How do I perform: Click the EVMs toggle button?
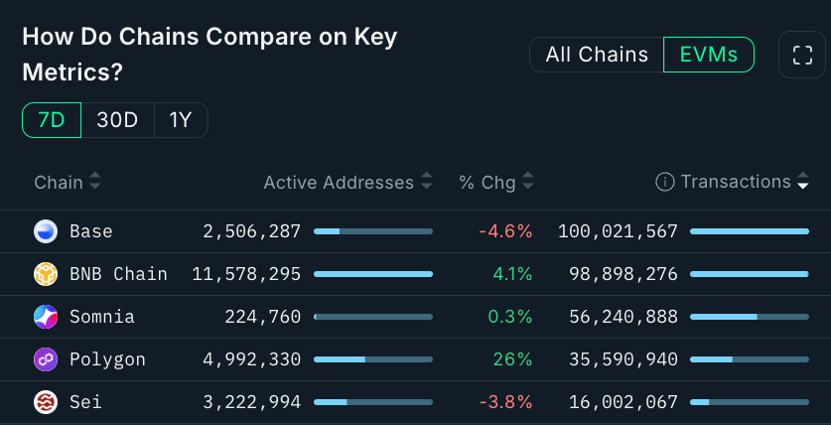[708, 55]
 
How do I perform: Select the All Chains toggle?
[597, 55]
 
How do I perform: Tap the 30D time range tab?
[117, 121]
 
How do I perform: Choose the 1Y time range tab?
[181, 121]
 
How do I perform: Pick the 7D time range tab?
[52, 121]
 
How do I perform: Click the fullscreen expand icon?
[801, 55]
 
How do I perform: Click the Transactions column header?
[736, 182]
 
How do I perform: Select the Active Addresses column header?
[339, 183]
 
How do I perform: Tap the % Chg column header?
[486, 183]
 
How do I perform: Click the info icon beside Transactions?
[665, 182]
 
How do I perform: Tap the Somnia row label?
[101, 317]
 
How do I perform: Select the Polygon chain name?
[107, 359]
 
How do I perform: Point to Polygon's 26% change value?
[512, 359]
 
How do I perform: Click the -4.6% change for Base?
[505, 231]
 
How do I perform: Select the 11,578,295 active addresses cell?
[246, 274]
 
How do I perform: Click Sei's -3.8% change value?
[505, 402]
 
